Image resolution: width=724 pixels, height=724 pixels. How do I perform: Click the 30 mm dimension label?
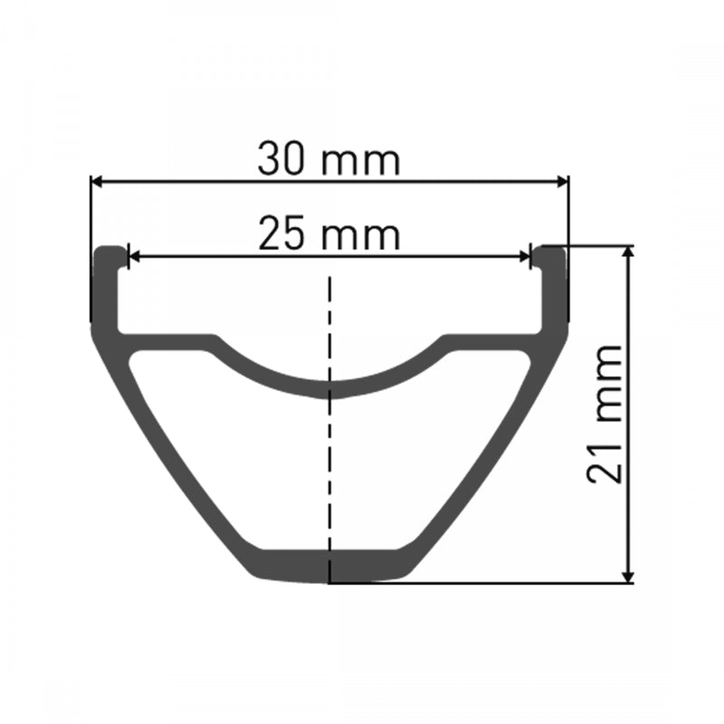328,160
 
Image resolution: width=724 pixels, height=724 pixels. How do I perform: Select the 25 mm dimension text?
328,234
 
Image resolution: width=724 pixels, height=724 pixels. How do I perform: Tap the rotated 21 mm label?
605,414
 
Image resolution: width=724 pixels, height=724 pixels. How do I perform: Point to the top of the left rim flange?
108,251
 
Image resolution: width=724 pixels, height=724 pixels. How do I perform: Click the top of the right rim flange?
552,251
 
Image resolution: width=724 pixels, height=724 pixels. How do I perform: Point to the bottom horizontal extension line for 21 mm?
489,583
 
